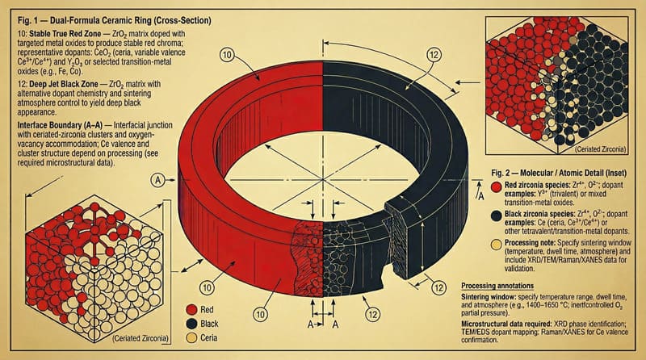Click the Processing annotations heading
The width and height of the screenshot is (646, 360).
tap(509, 286)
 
